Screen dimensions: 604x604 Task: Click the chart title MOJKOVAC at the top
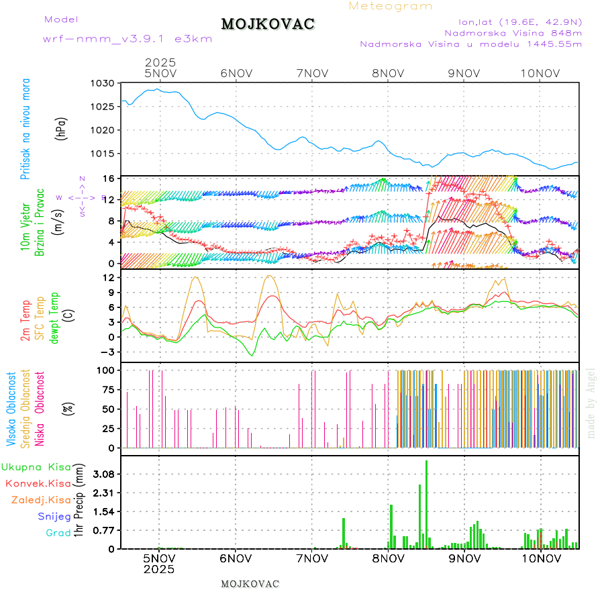[268, 24]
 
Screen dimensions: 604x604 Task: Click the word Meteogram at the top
[391, 6]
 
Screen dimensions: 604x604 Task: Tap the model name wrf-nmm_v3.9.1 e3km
[128, 39]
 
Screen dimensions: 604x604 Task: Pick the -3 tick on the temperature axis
[107, 351]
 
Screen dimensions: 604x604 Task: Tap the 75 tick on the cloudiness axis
[105, 389]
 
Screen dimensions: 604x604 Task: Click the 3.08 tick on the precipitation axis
[102, 474]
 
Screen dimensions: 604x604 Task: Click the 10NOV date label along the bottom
[542, 558]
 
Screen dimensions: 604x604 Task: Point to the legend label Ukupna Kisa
[36, 467]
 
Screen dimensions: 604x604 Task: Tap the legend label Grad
[58, 533]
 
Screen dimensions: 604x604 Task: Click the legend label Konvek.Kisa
[38, 483]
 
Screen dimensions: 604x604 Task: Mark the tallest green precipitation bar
[426, 504]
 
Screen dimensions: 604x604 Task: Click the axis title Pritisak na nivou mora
[26, 129]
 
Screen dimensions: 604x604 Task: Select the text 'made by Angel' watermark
[591, 403]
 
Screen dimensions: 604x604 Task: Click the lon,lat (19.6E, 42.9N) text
[520, 22]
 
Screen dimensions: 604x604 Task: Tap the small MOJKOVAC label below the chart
[250, 584]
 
